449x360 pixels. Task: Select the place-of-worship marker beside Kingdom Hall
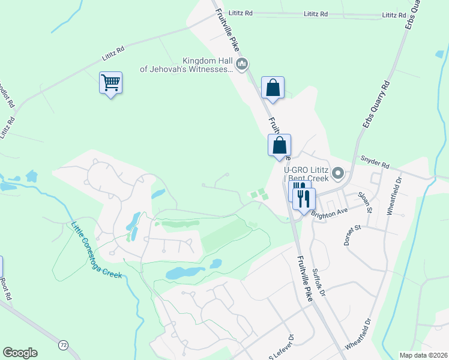pyautogui.click(x=243, y=65)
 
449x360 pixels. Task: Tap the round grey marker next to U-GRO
pyautogui.click(x=338, y=175)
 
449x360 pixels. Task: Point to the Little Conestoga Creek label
pyautogui.click(x=97, y=251)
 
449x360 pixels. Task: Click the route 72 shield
pyautogui.click(x=63, y=345)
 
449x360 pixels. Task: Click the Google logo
pyautogui.click(x=20, y=353)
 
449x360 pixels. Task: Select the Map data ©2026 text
pyautogui.click(x=423, y=355)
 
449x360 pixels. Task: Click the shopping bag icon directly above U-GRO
pyautogui.click(x=279, y=145)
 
